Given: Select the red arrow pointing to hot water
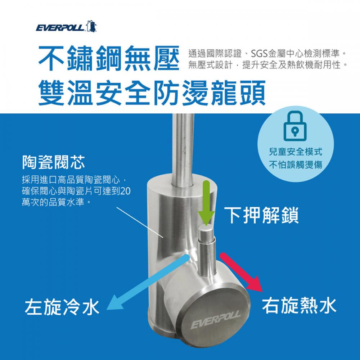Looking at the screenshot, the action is point(242,272).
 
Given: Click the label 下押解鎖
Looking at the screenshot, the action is point(261,215).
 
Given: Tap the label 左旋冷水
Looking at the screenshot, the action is point(62,307).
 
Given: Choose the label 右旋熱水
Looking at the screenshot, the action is point(299,305).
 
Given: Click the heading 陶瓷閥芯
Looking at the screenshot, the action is point(54,162).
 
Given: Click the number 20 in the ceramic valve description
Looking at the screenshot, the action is point(125,191).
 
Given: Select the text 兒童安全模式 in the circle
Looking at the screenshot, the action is point(296,152).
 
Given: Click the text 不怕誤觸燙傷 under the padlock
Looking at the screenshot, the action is point(296,165).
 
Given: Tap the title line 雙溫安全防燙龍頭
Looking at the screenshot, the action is point(152,93).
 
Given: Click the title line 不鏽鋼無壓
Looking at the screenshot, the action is point(109,58).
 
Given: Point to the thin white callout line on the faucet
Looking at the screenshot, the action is point(140,222).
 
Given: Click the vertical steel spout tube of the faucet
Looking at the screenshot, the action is point(183,149).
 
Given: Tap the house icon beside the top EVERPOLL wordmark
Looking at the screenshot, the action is point(91,26).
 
